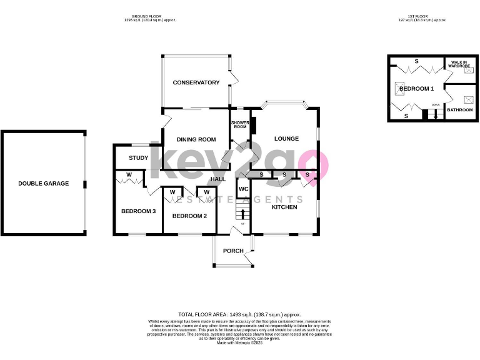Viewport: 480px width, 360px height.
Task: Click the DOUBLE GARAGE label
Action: click(43, 184)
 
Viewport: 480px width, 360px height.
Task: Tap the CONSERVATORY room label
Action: click(196, 82)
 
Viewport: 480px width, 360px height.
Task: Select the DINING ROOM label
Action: click(196, 139)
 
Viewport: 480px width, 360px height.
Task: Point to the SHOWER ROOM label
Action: click(241, 124)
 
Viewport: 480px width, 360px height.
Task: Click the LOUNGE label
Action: click(286, 139)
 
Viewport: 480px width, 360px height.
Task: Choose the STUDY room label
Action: click(138, 158)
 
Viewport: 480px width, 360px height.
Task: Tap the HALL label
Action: click(217, 179)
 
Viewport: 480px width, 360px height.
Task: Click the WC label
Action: click(243, 188)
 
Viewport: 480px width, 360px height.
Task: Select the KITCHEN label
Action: click(284, 207)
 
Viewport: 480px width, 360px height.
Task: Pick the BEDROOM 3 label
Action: click(138, 211)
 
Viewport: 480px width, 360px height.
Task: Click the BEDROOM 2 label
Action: click(189, 216)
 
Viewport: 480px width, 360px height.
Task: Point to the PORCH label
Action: click(233, 251)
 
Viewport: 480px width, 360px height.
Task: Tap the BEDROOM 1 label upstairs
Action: click(416, 89)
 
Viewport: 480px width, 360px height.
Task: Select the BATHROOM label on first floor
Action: click(460, 109)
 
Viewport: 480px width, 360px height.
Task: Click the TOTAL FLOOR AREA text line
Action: click(239, 314)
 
